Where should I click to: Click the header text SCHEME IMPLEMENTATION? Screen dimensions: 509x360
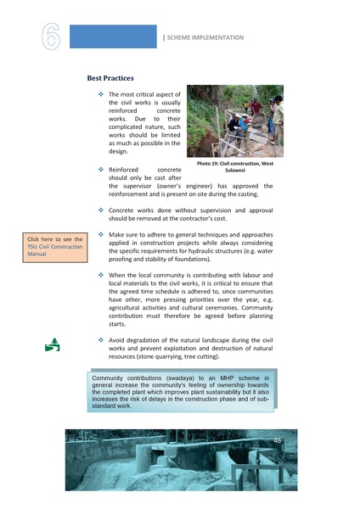205,38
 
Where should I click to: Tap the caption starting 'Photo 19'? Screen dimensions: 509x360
234,165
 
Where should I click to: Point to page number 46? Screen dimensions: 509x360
277,440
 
